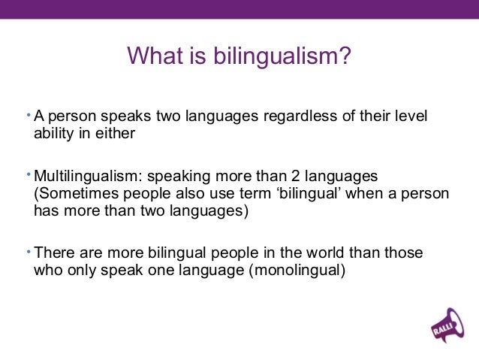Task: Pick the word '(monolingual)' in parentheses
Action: point(297,270)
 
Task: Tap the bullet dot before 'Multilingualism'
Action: point(28,174)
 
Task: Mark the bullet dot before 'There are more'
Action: point(28,251)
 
